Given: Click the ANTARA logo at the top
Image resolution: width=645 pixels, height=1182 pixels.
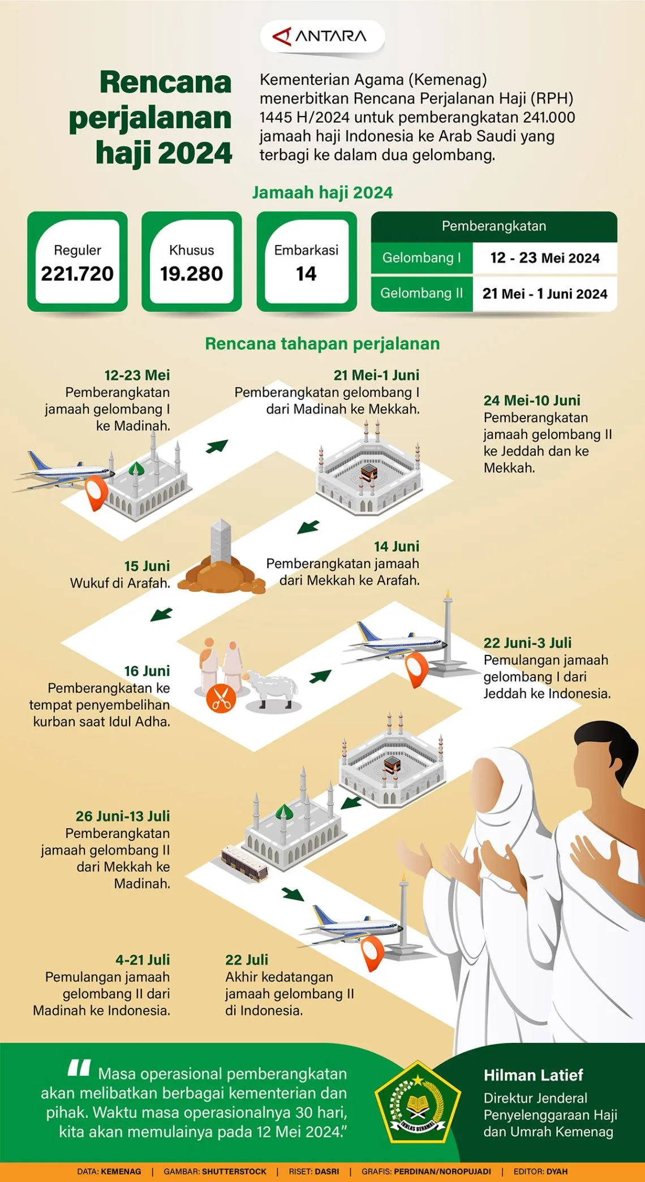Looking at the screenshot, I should [x=322, y=37].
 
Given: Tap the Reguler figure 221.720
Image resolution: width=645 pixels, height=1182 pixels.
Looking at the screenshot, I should [x=78, y=274].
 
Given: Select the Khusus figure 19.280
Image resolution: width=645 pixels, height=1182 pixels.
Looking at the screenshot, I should [x=191, y=274].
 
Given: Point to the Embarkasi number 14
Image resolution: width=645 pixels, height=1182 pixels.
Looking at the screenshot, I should [x=306, y=274].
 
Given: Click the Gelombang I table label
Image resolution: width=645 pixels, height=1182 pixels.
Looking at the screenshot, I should [x=422, y=258].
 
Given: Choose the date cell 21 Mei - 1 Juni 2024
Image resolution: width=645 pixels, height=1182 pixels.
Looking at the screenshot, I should [x=544, y=294].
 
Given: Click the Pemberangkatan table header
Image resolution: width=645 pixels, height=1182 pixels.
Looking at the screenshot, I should [x=493, y=226].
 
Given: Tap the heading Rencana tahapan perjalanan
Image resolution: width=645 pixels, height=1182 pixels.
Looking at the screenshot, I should [x=322, y=344].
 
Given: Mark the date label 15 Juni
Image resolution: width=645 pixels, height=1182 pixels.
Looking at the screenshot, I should [x=147, y=566].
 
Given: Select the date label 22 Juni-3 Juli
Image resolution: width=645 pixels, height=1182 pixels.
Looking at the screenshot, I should [x=527, y=643].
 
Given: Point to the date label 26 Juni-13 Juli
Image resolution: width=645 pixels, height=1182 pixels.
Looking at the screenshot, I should [x=123, y=816].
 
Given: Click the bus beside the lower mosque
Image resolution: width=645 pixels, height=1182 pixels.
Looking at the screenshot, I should [x=244, y=863].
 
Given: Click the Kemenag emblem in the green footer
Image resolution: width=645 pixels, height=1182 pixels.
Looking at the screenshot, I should [x=418, y=1103].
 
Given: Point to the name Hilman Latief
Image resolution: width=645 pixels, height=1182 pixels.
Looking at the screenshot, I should [x=533, y=1075].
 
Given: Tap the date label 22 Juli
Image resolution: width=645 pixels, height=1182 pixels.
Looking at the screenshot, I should [x=247, y=960].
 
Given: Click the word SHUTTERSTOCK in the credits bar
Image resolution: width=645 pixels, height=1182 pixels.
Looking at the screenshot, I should [x=234, y=1171].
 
